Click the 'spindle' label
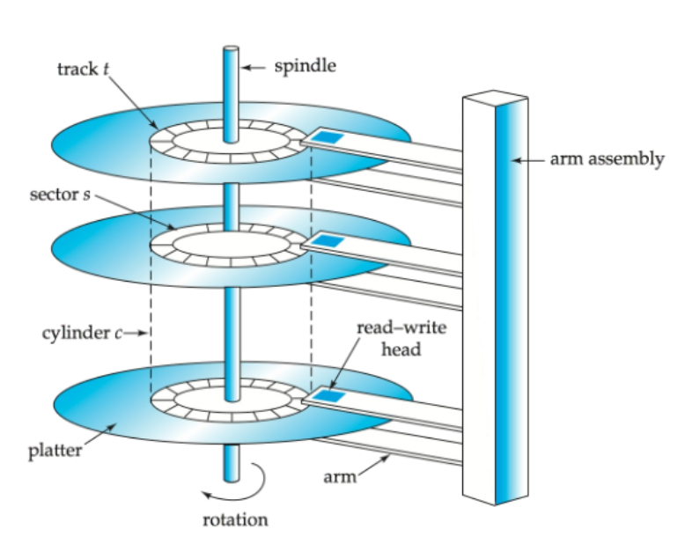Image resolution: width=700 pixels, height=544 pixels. tap(305, 66)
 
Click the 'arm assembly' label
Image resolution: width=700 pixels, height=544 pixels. tap(607, 160)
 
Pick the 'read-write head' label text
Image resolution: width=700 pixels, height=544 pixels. tap(389, 338)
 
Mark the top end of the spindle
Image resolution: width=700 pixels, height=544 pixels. tap(230, 49)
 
